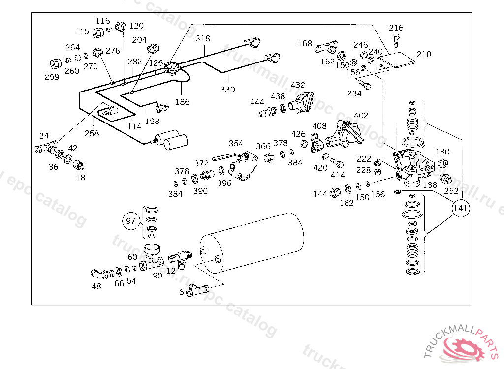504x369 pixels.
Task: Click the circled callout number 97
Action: click(x=130, y=221)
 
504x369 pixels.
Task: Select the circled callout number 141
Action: click(x=461, y=208)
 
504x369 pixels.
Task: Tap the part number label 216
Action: click(x=396, y=28)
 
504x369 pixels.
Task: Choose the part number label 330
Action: click(x=227, y=89)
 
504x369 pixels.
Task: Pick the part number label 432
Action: click(x=298, y=85)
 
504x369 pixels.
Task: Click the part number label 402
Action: click(x=361, y=116)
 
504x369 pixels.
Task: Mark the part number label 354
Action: click(x=236, y=143)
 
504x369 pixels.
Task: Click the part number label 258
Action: click(x=92, y=133)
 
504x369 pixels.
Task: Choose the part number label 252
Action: click(x=451, y=191)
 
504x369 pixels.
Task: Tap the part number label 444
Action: click(x=257, y=102)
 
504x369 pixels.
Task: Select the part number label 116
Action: click(x=103, y=21)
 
